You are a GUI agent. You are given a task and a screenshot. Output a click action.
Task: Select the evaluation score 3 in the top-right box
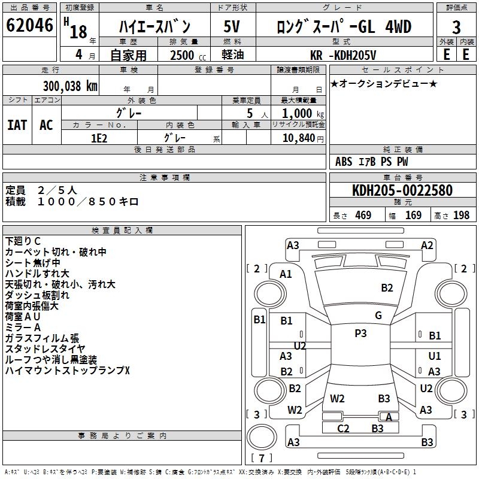coord(456,27)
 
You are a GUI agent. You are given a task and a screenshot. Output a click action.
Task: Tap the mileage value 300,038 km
coord(69,86)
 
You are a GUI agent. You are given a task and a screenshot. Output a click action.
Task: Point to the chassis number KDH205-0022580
coord(402,190)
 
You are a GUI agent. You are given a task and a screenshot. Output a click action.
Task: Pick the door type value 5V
coord(232,27)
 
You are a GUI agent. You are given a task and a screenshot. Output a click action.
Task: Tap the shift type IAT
coord(17,125)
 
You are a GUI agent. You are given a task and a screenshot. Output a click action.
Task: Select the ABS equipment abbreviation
coord(344,162)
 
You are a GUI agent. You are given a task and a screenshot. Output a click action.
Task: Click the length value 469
coord(363,216)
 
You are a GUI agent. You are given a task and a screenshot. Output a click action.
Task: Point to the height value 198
coord(461,216)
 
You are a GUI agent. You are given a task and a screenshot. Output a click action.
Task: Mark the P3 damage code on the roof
coord(360,334)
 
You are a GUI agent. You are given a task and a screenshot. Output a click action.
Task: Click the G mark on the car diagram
coord(378,316)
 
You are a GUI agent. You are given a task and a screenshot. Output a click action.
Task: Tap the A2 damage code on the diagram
coord(427,245)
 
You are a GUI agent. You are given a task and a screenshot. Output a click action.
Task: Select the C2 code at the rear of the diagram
coord(343,428)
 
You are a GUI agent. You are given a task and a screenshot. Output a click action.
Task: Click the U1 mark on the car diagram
coord(435,356)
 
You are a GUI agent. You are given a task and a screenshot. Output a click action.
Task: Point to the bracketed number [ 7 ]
coord(261,458)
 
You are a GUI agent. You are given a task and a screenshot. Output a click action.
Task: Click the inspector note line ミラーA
coord(23,328)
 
